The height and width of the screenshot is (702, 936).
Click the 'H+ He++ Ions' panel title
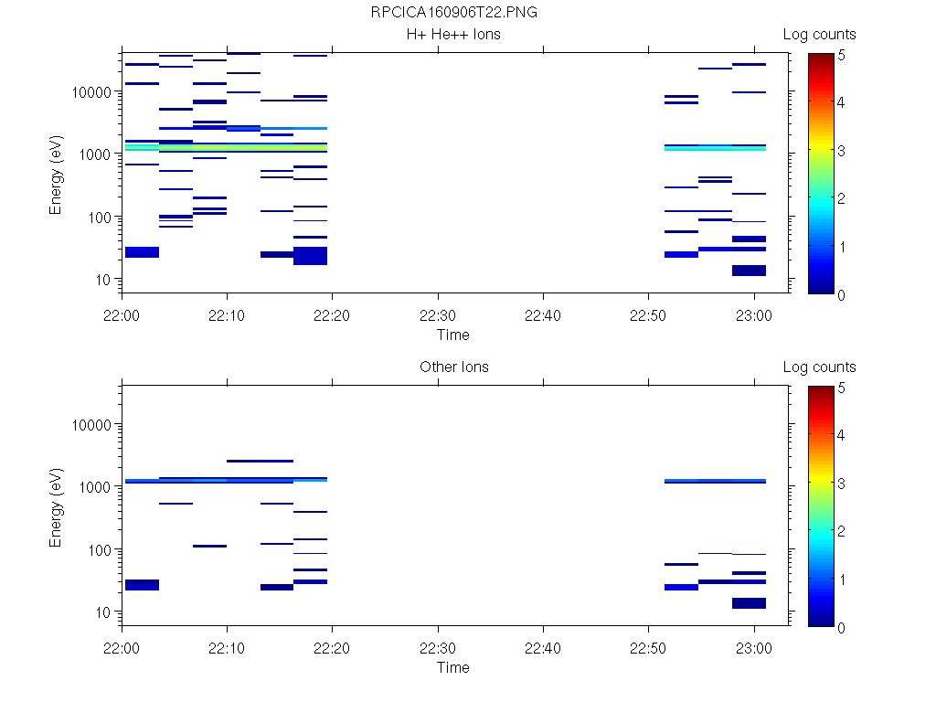pos(453,35)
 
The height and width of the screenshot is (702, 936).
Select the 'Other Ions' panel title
pos(453,367)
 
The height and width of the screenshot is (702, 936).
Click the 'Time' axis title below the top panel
pos(452,335)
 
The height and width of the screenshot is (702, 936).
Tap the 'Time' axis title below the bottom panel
pos(452,667)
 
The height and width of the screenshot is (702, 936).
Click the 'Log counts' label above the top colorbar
pos(819,35)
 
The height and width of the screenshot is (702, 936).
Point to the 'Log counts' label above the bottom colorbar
pos(819,367)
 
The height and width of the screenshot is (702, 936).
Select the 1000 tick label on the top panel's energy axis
pos(96,154)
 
